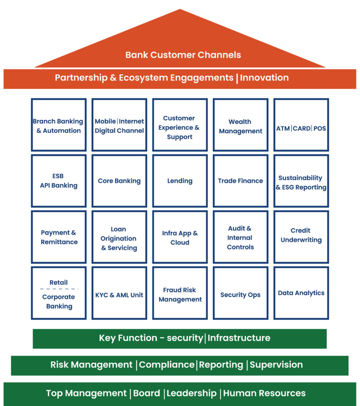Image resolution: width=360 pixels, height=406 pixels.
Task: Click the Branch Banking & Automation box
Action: point(59,125)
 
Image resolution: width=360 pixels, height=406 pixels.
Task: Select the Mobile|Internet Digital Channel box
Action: point(119,125)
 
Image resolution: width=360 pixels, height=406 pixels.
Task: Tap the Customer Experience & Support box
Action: point(180,125)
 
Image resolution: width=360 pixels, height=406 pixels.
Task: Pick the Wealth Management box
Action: point(241,125)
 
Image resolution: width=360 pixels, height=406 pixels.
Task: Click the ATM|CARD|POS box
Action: point(301,125)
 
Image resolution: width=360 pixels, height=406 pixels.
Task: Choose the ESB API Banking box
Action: point(59,181)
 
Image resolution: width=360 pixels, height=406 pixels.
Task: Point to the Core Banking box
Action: point(119,181)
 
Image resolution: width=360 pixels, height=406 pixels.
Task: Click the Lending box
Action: point(180,181)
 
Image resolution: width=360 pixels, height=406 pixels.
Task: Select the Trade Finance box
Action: point(241,181)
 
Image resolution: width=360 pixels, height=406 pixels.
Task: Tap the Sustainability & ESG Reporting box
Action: point(301,181)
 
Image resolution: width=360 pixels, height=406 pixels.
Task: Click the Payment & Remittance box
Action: point(59,237)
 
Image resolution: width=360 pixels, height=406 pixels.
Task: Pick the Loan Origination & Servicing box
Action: point(119,237)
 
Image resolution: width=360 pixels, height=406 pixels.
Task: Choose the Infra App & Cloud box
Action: point(180,237)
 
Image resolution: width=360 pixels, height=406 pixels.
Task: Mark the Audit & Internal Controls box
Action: point(241,237)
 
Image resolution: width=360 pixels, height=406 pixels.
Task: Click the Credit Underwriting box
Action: point(301,237)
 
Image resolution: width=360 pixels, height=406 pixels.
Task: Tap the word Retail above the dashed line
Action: point(59,283)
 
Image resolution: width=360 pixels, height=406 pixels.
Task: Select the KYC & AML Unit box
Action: point(119,293)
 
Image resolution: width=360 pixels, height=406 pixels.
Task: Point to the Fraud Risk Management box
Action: point(180,293)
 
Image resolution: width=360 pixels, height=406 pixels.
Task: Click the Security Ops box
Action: point(241,293)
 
